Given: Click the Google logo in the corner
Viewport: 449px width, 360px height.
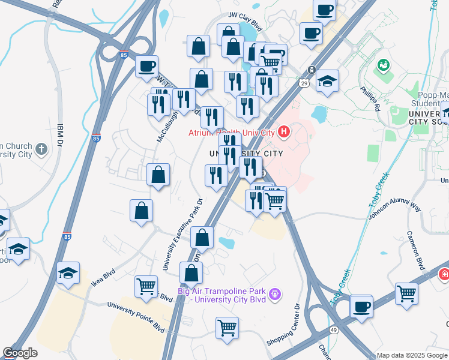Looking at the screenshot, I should (x=20, y=353).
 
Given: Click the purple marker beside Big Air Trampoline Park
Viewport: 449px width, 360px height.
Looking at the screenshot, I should (x=275, y=294).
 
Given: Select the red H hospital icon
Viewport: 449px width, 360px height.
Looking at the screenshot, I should (x=283, y=131).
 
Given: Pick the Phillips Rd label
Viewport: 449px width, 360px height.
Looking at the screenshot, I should (x=370, y=99).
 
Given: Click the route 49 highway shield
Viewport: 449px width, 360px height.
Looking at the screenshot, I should (x=333, y=330).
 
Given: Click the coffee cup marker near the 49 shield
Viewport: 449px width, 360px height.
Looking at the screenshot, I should (x=361, y=307).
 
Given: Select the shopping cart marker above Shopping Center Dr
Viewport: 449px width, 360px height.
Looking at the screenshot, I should (x=227, y=328).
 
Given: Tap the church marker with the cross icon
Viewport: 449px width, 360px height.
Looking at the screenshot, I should (x=41, y=148).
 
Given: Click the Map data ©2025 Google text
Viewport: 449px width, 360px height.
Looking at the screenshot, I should (x=411, y=355).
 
